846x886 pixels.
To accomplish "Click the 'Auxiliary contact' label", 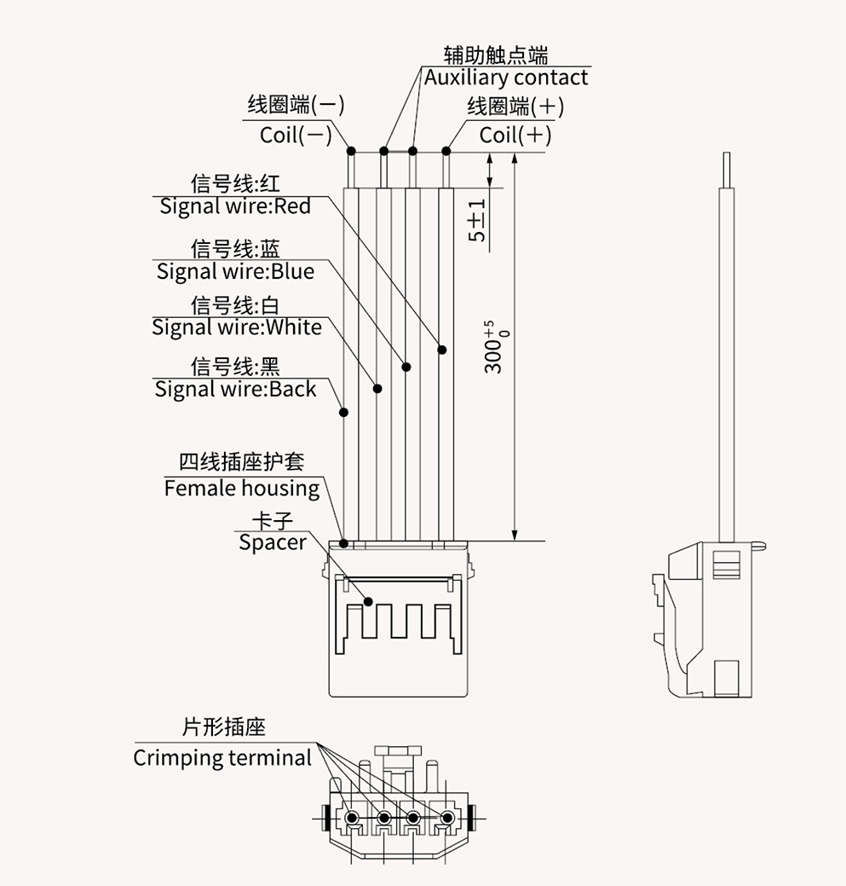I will point(506,78).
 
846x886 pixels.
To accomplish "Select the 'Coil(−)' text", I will point(296,135).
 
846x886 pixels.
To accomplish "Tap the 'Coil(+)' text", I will point(515,135).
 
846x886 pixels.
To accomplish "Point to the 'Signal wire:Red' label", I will point(235,206).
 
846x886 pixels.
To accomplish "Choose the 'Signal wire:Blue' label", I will point(235,271).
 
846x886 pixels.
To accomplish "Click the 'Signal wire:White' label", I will point(237,327).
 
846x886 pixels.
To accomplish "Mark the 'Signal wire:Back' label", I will point(235,389).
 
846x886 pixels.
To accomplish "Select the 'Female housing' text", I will point(242,488).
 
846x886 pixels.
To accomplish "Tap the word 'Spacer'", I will point(272,542).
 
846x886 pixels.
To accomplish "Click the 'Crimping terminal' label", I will point(222,757).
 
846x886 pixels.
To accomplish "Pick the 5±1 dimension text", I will point(478,220).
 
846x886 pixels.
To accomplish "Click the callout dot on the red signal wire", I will point(442,350).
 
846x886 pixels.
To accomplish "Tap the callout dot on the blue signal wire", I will point(406,368).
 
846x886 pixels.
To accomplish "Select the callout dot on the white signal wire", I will point(377,389).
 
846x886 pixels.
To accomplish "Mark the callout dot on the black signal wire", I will point(344,413).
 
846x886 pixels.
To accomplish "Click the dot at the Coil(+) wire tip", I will point(446,152).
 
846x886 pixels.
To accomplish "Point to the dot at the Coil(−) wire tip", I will point(351,152).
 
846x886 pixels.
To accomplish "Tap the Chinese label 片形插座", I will point(224,727).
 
